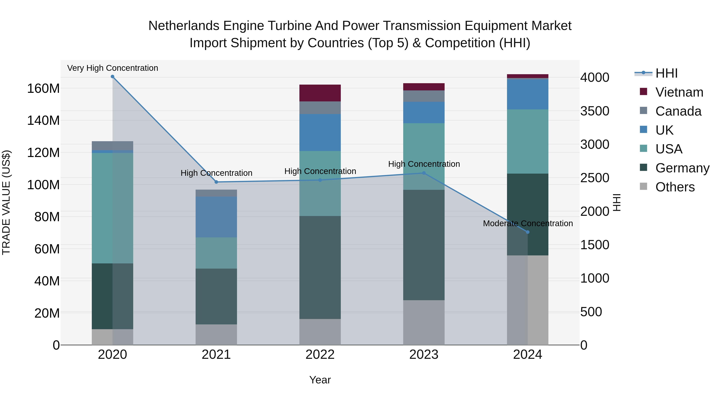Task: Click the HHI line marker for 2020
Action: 112,77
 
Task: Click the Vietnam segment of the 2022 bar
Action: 320,93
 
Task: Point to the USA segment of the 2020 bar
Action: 112,208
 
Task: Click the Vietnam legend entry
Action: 679,92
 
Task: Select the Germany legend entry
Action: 682,168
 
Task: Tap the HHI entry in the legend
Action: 666,73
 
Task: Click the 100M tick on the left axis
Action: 43,185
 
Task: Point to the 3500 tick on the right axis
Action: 595,111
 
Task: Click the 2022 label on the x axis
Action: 320,355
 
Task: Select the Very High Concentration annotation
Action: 113,68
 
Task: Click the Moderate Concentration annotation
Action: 528,223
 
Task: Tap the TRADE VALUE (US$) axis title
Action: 6,202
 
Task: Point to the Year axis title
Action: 320,380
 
